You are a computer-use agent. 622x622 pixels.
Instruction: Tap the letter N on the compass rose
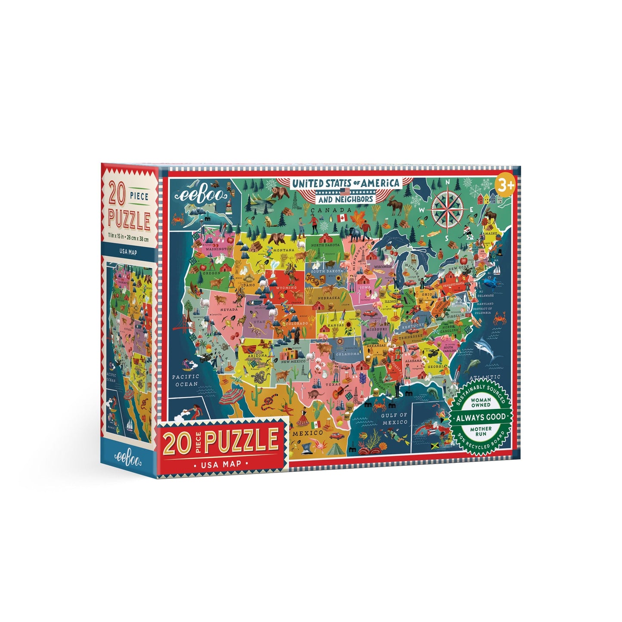(x=448, y=182)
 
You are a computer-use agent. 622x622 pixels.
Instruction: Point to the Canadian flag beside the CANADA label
(x=343, y=217)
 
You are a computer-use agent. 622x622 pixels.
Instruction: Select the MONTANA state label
(x=283, y=250)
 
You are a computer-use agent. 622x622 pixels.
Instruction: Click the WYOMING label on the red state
(x=286, y=287)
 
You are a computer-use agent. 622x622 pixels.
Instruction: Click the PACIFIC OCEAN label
(x=186, y=380)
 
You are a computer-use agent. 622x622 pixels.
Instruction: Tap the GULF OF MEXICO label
(x=394, y=418)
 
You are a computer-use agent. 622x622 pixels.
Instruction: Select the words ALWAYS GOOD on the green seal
(x=481, y=417)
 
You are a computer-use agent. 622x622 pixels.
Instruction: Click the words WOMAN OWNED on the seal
(x=481, y=402)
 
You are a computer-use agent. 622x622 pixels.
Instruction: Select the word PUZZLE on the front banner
(x=241, y=440)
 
